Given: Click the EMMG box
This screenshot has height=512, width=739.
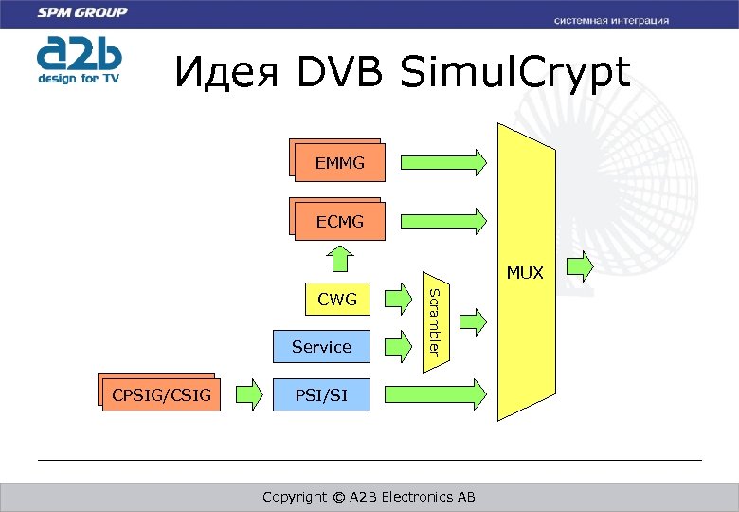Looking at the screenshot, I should pos(340,163).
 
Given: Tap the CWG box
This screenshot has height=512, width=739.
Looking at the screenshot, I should pos(337,300).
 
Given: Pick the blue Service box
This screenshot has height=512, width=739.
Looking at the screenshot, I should pos(321,347).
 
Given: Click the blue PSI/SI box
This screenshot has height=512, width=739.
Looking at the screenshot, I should pos(321,394).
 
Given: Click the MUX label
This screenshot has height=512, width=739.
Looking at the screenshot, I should pos(525,273).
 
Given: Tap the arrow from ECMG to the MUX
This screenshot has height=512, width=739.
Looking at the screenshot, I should pos(443,221).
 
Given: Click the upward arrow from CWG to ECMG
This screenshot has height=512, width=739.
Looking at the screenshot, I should pos(338,257).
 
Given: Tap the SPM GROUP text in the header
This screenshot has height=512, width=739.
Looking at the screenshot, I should pos(81,13).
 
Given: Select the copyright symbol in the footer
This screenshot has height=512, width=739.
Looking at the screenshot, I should pos(337,497).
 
